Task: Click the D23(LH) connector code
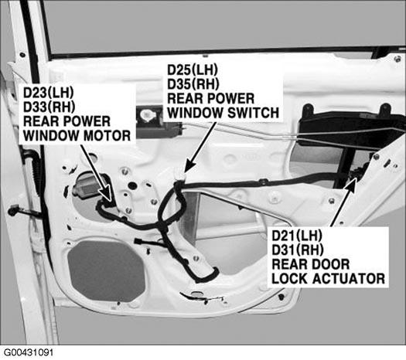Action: [49, 93]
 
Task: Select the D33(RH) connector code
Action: [49, 107]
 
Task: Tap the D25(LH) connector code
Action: [193, 70]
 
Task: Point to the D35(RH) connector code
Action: [193, 84]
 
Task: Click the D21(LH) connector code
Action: [297, 236]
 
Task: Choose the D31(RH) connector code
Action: [298, 250]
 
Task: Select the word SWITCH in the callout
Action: [253, 113]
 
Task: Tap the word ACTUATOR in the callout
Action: [349, 279]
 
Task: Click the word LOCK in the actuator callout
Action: [290, 279]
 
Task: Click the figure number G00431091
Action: [28, 353]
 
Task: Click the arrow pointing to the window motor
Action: [97, 173]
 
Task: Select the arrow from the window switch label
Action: [200, 147]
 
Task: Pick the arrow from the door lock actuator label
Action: [344, 202]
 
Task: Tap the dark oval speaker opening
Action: [106, 271]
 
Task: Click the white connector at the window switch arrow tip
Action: [180, 175]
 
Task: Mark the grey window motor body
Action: [87, 185]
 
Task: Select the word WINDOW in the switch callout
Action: [196, 113]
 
